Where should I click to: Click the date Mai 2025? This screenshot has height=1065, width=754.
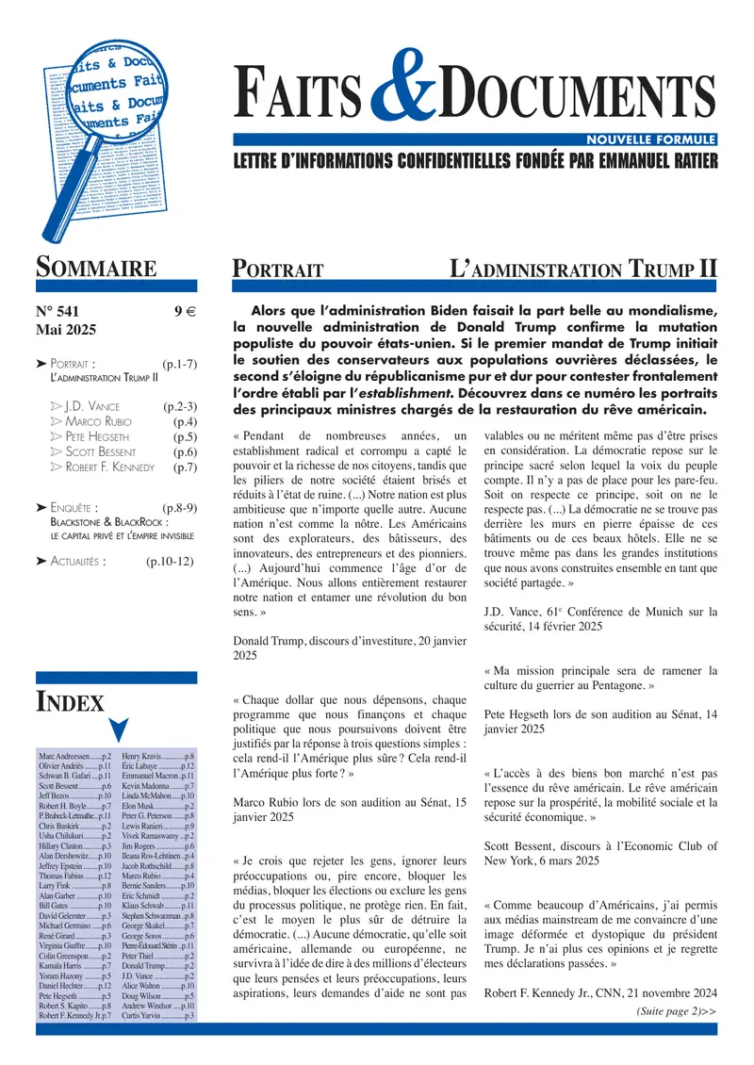point(68,331)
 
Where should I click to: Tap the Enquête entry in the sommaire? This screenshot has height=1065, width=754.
point(74,507)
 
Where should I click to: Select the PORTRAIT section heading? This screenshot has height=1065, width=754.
point(278,270)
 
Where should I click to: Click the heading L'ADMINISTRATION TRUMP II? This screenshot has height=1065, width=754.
point(584,270)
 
